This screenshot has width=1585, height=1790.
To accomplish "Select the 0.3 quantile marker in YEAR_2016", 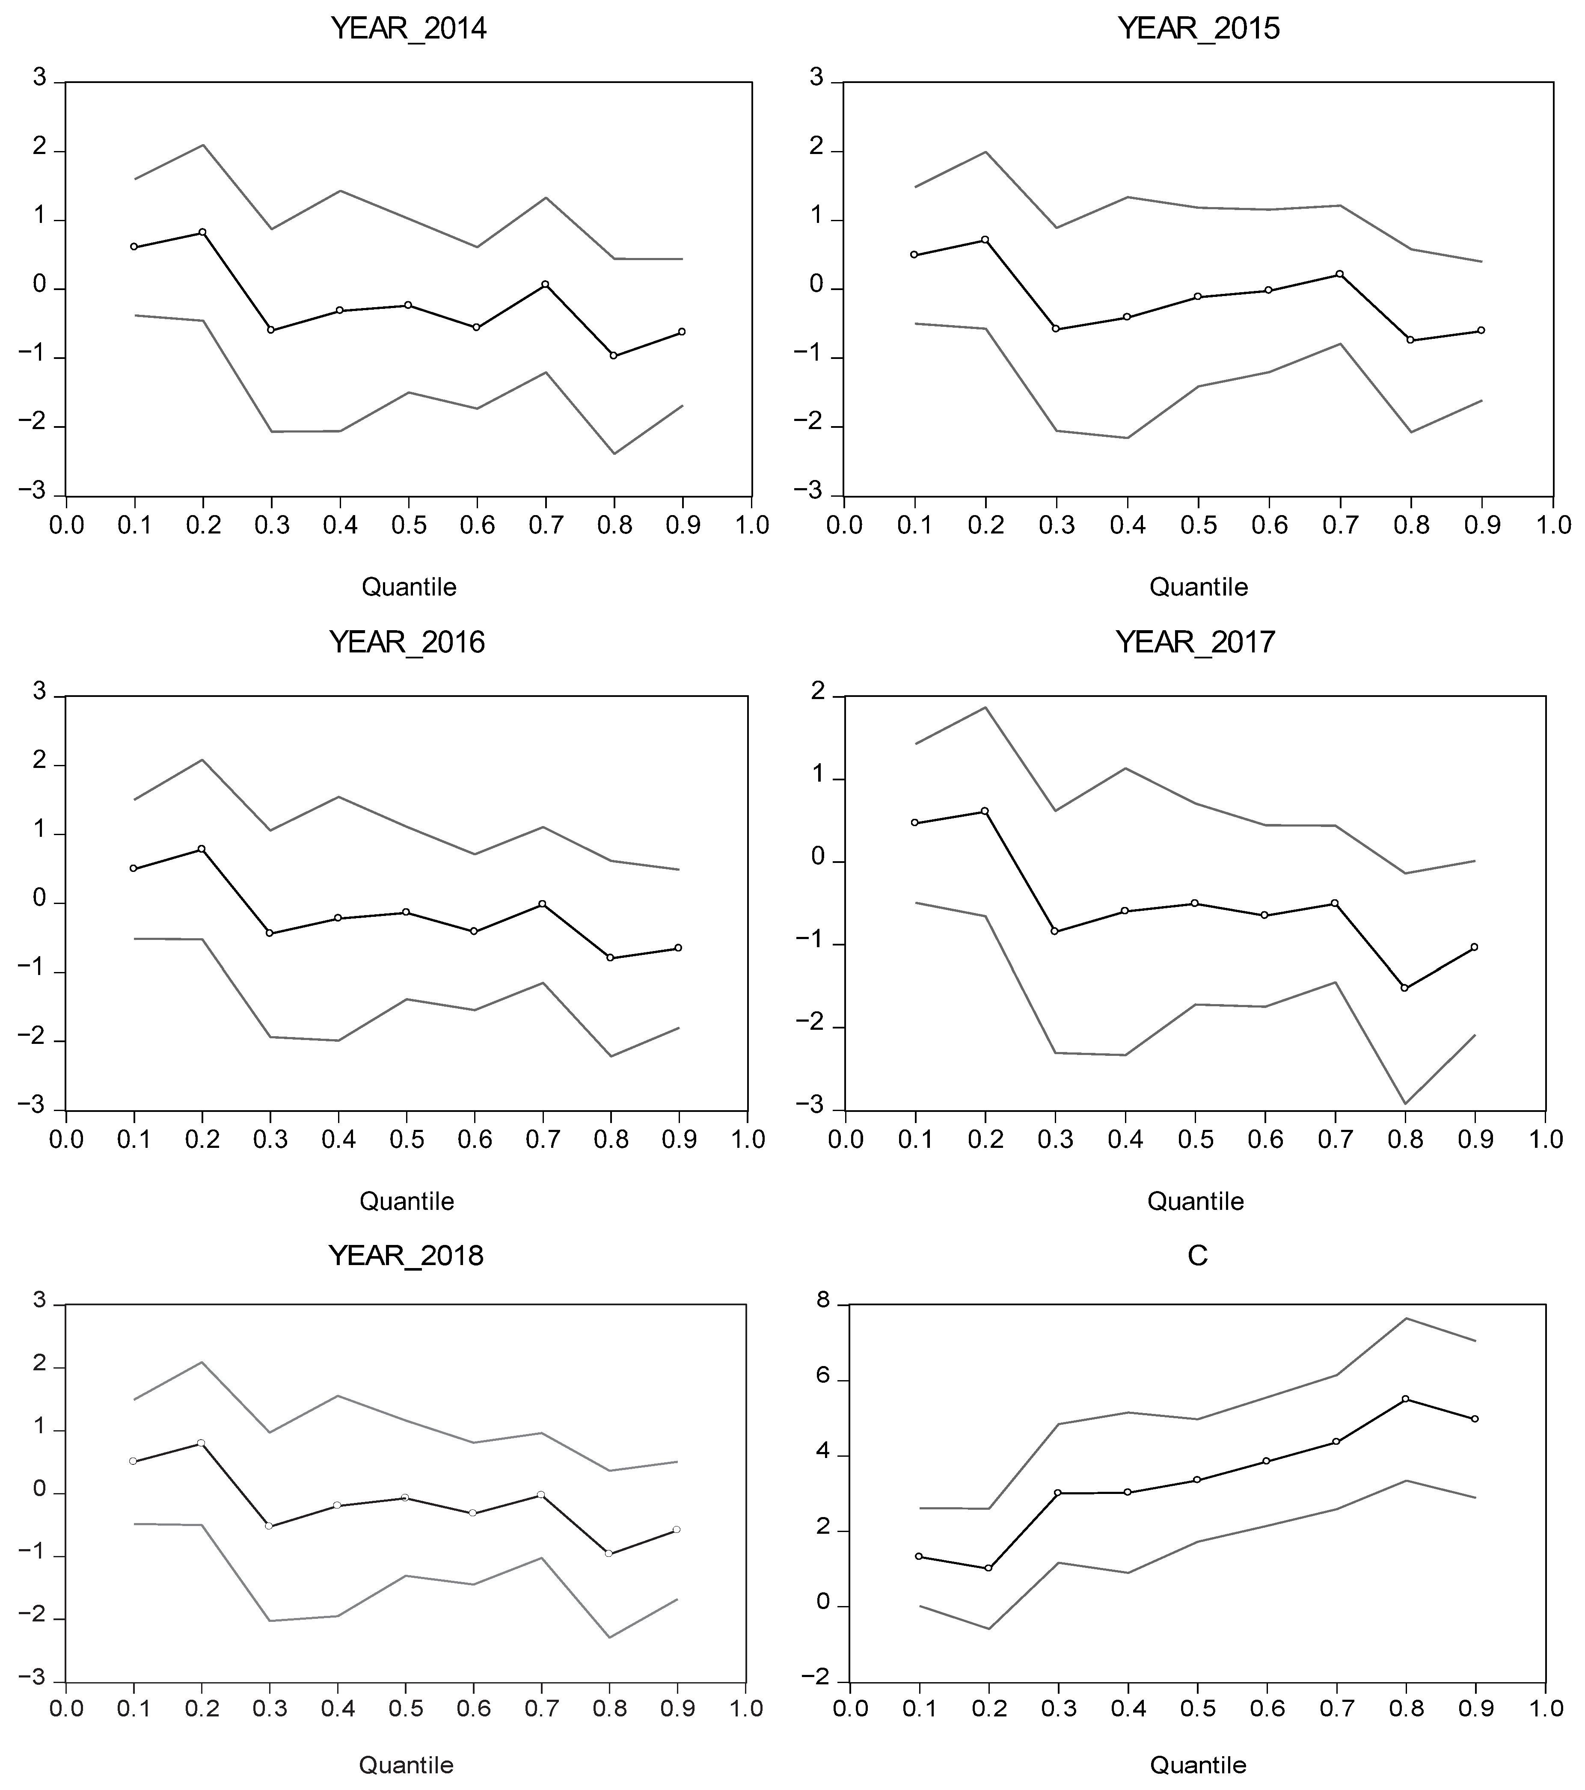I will [x=270, y=934].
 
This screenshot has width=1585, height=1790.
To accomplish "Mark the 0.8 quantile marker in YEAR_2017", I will [x=1404, y=988].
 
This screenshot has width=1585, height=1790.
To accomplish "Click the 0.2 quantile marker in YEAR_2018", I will [x=202, y=1442].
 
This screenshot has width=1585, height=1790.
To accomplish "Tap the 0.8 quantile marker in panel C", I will [x=1405, y=1399].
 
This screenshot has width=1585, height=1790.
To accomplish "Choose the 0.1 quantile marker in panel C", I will [x=919, y=1556].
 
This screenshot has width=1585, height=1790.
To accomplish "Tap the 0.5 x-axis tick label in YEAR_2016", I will [x=407, y=1139].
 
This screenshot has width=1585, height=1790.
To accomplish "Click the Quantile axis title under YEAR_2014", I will [x=409, y=587].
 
